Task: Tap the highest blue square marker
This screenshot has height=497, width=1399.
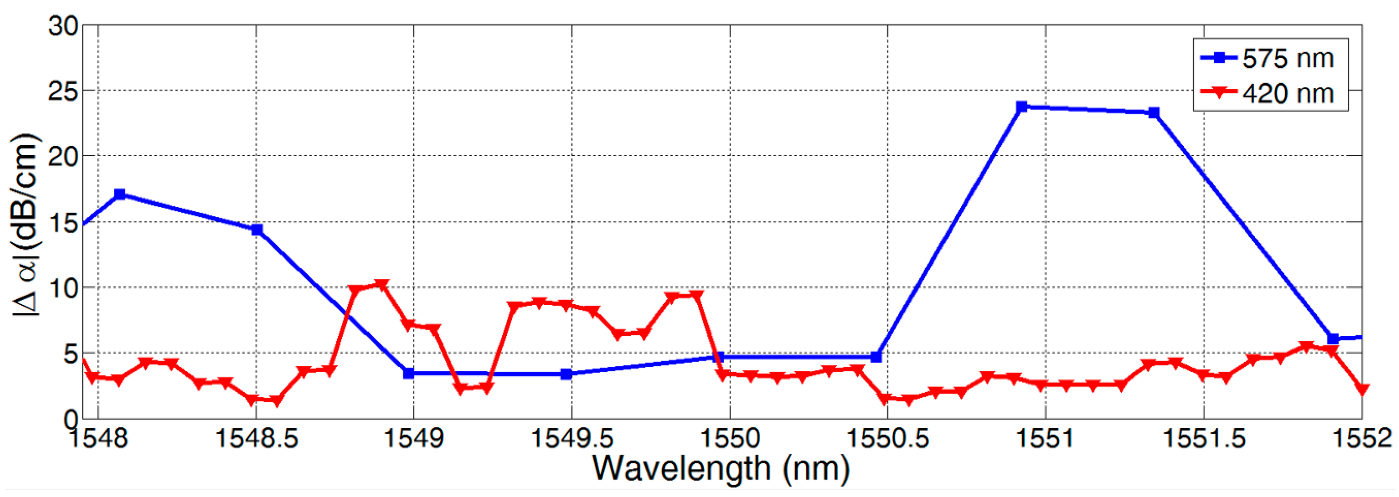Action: tap(1021, 107)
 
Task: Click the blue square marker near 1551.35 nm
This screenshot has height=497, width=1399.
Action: tap(1154, 112)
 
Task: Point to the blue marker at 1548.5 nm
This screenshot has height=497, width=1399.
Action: tap(257, 229)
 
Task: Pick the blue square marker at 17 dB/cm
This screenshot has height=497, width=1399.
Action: tap(120, 194)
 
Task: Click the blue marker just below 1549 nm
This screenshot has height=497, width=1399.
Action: tap(409, 373)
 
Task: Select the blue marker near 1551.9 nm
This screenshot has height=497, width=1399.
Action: tap(1333, 338)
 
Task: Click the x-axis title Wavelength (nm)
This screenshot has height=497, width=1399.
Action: tap(720, 468)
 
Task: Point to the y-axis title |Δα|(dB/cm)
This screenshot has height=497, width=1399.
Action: tap(26, 224)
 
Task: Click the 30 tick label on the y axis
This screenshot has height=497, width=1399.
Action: tap(63, 26)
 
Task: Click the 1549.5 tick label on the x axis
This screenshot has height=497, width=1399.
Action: tap(572, 438)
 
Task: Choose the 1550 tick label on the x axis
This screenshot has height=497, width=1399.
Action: tap(729, 438)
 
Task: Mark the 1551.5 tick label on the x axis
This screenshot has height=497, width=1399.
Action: tap(1204, 438)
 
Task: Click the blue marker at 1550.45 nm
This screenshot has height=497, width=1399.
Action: tap(876, 357)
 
